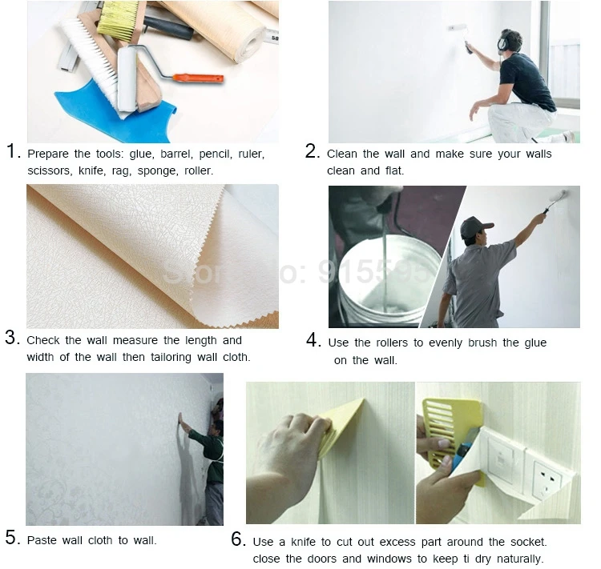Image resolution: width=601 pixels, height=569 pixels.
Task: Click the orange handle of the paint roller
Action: [198, 78]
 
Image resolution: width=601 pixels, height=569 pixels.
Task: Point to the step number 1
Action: [13, 151]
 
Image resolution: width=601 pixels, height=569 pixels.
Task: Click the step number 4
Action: [313, 340]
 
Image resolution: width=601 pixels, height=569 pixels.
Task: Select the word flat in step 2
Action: [395, 170]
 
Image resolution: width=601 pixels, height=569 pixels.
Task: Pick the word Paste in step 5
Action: [42, 540]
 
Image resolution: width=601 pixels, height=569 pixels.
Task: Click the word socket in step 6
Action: [528, 543]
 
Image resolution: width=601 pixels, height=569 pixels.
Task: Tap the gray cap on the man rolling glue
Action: [475, 226]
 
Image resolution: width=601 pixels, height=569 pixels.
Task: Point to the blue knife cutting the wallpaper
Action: [464, 450]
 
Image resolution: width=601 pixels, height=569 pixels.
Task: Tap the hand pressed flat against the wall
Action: [180, 419]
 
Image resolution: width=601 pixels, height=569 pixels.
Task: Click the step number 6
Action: [238, 539]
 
